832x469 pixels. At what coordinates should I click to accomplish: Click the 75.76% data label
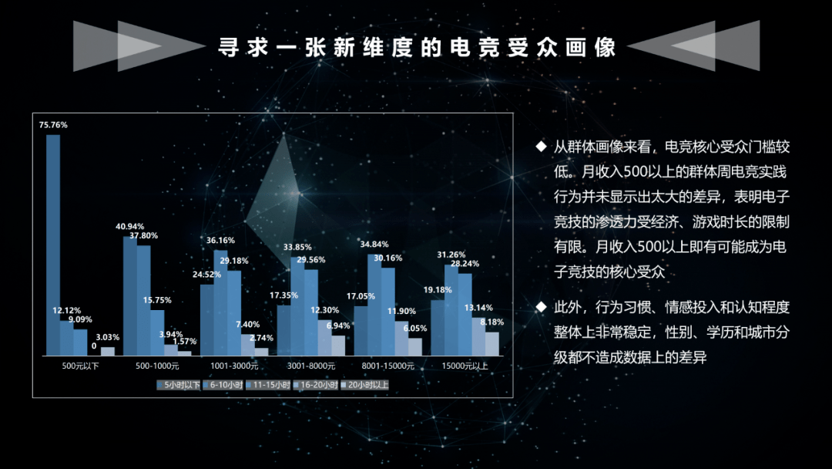coord(53,124)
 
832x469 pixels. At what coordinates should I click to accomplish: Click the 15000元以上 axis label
coord(465,366)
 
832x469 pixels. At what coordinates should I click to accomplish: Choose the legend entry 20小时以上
coord(367,383)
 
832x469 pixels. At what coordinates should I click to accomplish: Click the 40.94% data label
coord(130,226)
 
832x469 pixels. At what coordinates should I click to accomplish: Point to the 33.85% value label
coord(297,247)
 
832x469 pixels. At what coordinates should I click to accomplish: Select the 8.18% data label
coord(491,322)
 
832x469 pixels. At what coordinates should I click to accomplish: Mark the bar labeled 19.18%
coord(438,327)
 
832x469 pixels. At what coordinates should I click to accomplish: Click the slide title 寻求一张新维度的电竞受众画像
coord(417,47)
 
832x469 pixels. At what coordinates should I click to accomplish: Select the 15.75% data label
coord(157,300)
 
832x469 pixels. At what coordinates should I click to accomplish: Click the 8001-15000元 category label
coord(388,366)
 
